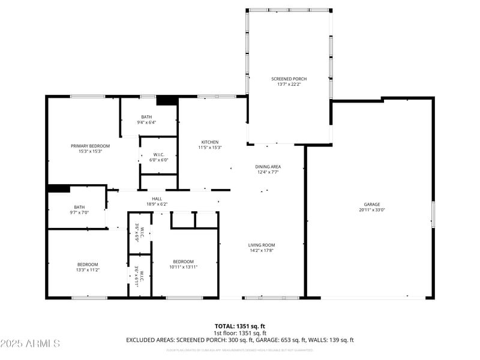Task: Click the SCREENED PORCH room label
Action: tap(289, 79)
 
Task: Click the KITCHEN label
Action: tap(210, 142)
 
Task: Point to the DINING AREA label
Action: tap(268, 167)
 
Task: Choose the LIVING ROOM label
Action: tap(262, 245)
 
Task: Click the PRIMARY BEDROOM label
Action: tap(91, 146)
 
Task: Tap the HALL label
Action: tap(157, 199)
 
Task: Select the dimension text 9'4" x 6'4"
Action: tap(147, 122)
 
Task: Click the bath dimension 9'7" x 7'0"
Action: tap(79, 213)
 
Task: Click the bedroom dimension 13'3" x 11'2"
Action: tap(88, 270)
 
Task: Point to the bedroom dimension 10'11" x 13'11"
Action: tap(184, 267)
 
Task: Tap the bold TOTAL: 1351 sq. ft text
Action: tap(240, 326)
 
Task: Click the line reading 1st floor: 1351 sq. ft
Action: tap(240, 332)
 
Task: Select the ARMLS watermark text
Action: tap(30, 344)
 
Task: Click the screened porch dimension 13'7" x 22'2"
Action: tap(289, 85)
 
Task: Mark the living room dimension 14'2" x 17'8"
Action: tap(262, 251)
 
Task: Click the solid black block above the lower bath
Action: tap(59, 188)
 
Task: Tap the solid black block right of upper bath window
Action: tap(167, 100)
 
